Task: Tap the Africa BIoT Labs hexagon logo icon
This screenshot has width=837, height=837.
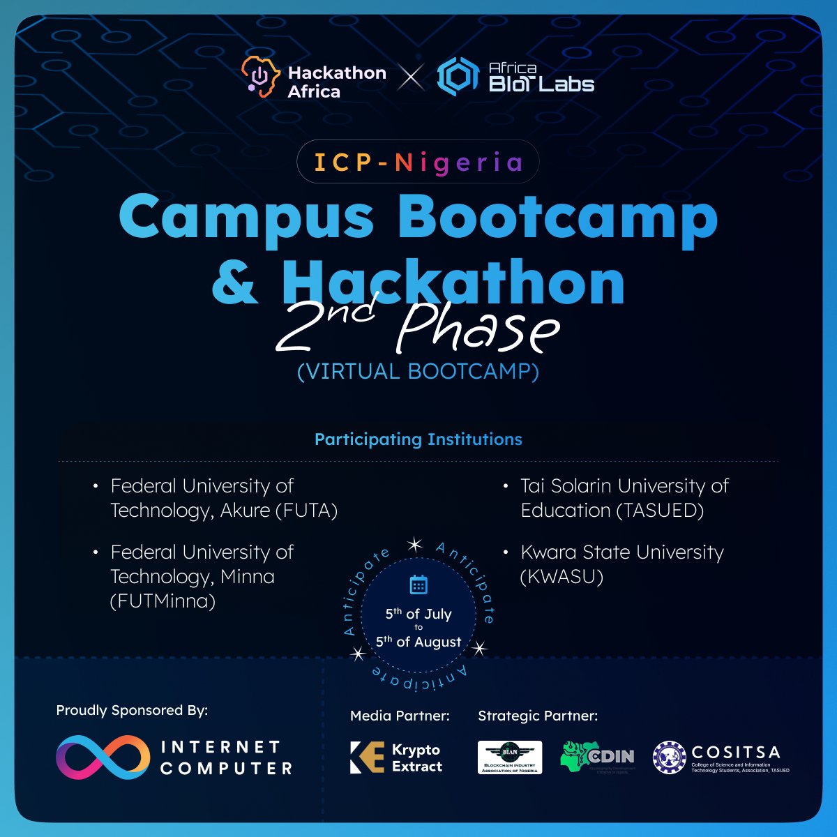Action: click(458, 77)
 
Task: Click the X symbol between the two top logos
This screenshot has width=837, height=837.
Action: click(411, 77)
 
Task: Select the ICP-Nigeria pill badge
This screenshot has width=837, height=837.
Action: click(418, 163)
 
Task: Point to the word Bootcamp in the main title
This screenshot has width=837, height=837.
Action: click(557, 217)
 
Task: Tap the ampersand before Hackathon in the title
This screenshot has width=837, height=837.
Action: click(236, 282)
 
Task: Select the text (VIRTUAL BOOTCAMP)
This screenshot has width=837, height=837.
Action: click(418, 371)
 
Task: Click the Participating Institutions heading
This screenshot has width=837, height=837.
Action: click(418, 439)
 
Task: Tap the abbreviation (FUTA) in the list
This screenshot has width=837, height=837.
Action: click(307, 511)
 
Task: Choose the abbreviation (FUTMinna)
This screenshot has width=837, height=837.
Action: click(163, 601)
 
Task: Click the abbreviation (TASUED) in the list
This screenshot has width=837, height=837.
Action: click(661, 511)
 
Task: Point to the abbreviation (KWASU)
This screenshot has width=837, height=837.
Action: click(561, 577)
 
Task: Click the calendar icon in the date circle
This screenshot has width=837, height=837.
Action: click(418, 585)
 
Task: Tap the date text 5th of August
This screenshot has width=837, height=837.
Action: click(418, 642)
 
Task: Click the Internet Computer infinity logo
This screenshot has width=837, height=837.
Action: click(103, 757)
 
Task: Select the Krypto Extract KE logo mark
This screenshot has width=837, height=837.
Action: click(367, 757)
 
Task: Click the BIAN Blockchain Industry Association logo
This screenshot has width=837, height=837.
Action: click(510, 757)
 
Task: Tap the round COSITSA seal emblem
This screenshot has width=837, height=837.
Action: click(669, 757)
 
